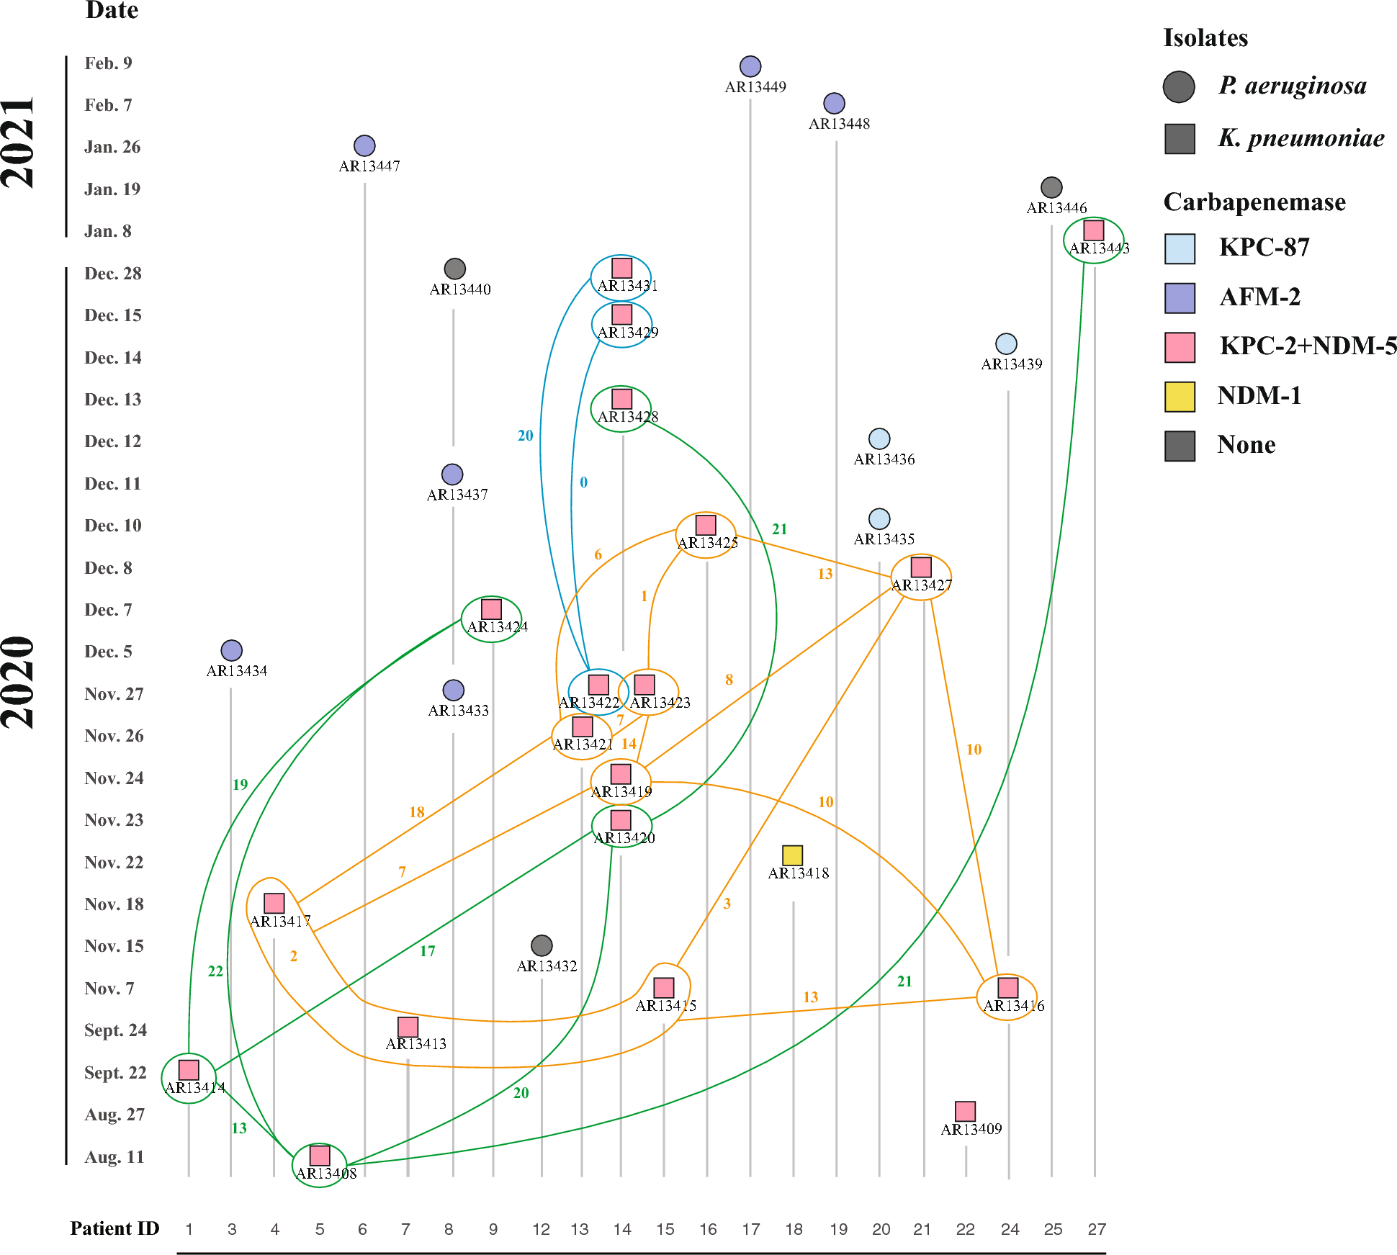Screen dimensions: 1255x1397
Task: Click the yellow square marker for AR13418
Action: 792,855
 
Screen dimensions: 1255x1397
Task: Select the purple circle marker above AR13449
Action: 750,66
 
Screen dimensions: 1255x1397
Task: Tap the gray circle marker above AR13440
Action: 454,269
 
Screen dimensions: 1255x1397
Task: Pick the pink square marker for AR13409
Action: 965,1111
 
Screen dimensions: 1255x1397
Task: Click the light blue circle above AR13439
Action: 1006,343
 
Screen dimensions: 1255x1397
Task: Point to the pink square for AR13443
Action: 1094,230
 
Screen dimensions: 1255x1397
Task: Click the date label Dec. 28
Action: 113,274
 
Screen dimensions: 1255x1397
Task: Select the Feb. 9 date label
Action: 109,63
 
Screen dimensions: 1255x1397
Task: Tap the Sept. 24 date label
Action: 115,1030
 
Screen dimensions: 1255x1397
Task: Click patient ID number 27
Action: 1097,1229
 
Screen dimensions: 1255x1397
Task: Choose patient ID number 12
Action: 542,1229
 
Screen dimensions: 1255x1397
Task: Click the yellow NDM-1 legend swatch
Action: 1180,397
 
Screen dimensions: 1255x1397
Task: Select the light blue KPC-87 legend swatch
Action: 1180,248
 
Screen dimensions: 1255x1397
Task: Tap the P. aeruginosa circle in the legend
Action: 1179,86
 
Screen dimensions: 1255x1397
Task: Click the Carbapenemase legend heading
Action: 1254,202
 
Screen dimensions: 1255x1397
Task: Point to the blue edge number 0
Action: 583,482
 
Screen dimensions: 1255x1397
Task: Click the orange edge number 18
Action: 417,812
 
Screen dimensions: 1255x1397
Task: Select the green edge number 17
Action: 428,951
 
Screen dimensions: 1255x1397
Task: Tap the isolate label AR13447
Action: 369,166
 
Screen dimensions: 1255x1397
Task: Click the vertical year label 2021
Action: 19,143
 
